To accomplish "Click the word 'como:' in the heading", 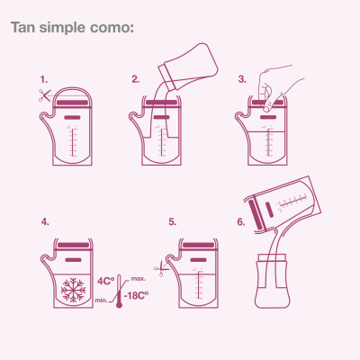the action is coord(112,28).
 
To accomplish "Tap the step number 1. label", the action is coord(44,79).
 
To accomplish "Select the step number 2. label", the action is coord(136,79).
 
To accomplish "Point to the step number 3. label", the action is coord(242,79).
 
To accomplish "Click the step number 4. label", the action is coord(45,222).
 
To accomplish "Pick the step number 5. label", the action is coord(173,222).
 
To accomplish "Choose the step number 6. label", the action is coord(241,222).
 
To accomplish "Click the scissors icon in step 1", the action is coord(45,95).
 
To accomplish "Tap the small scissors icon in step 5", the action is coord(161,268).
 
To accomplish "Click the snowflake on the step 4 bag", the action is coord(73,290).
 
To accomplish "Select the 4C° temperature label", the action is coord(106,281).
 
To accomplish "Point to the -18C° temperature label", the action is coord(136,295).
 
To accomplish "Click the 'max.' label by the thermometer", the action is coord(139,279).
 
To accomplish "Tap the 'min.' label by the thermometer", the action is coord(102,301).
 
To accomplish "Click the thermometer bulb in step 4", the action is coord(119,304).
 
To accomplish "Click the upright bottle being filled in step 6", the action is coord(273,281).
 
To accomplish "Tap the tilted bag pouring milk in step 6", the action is coord(283,204).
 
